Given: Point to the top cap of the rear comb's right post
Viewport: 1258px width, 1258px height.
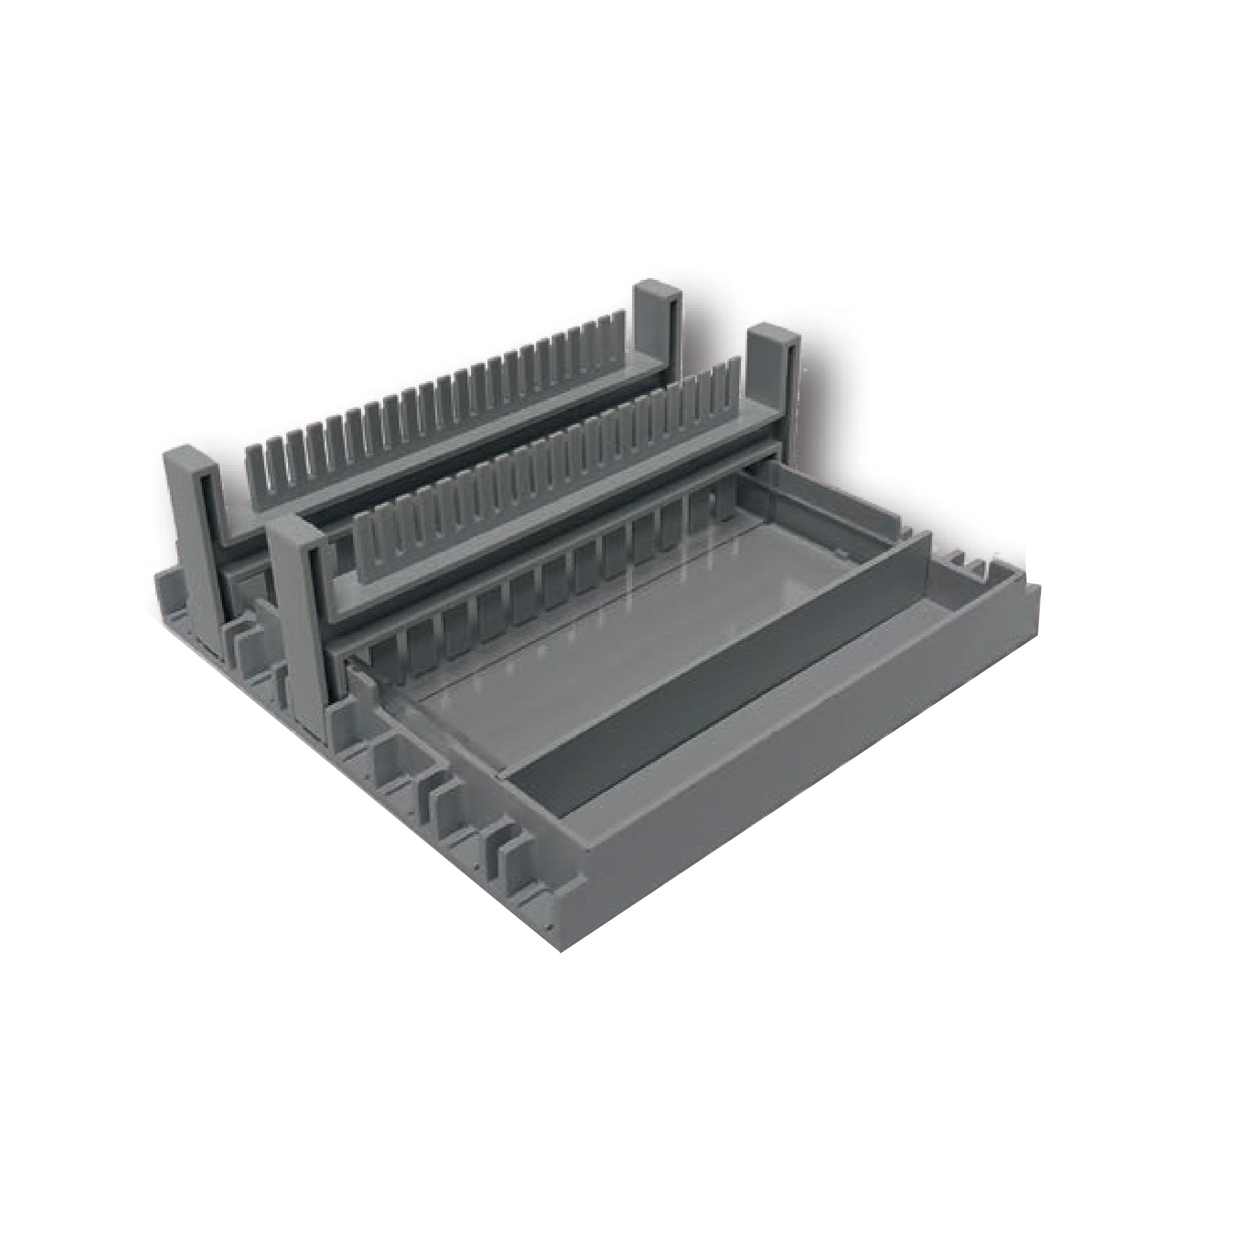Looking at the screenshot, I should (656, 289).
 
